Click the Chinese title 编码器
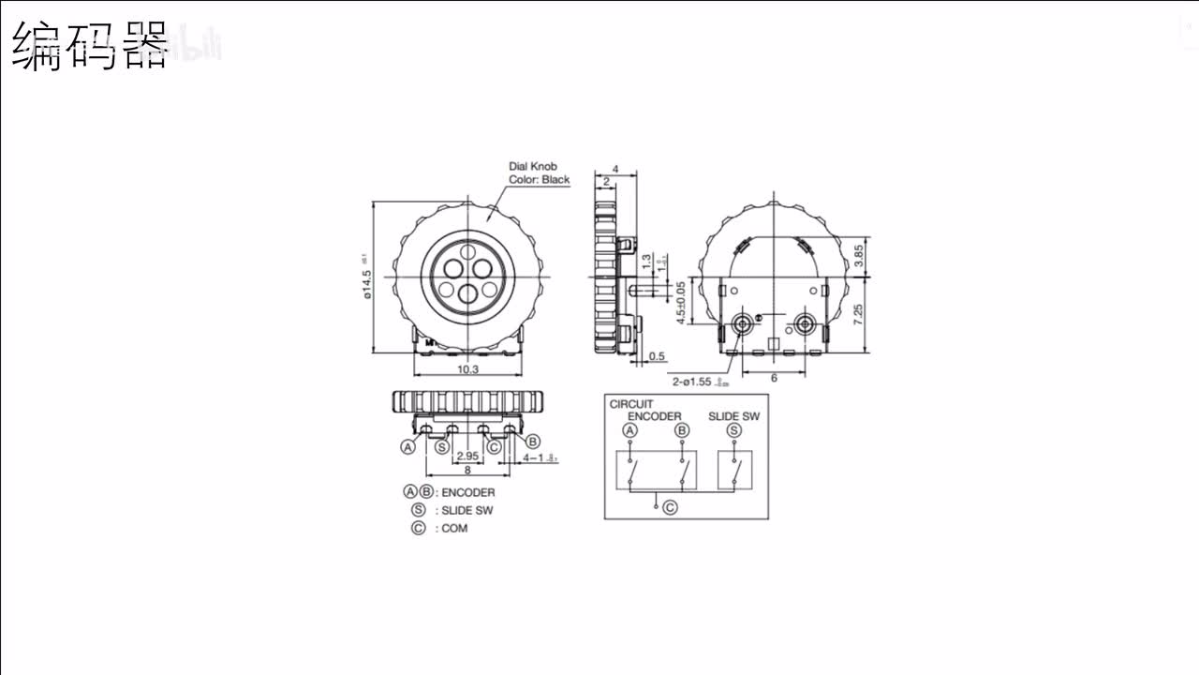pyautogui.click(x=91, y=47)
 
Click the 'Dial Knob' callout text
pyautogui.click(x=533, y=166)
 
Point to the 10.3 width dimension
pyautogui.click(x=468, y=369)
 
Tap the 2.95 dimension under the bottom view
pyautogui.click(x=466, y=457)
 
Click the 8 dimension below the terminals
pyautogui.click(x=467, y=472)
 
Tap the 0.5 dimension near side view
pyautogui.click(x=657, y=356)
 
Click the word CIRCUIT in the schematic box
pyautogui.click(x=631, y=404)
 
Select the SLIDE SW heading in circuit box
pyautogui.click(x=733, y=416)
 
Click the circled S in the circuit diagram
pyautogui.click(x=733, y=430)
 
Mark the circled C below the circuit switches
pyautogui.click(x=670, y=507)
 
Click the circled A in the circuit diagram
pyautogui.click(x=630, y=430)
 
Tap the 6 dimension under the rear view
pyautogui.click(x=774, y=378)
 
